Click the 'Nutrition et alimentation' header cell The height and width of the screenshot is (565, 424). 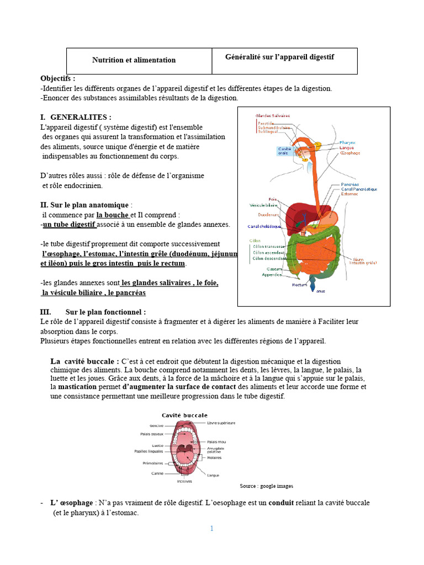[134, 60]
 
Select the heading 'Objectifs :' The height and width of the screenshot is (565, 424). [58, 79]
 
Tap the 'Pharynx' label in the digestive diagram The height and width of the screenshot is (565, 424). [347, 142]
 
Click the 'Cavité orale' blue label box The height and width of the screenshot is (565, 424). [285, 151]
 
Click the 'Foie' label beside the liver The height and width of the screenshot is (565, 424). [272, 199]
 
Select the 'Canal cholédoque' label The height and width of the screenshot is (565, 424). [264, 226]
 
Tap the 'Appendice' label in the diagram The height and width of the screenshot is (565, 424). [272, 274]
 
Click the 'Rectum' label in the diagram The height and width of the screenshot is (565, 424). [299, 285]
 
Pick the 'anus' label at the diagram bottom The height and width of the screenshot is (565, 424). [321, 291]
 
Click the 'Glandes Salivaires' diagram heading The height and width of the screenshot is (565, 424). [272, 115]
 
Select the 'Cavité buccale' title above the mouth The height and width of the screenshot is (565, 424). [184, 415]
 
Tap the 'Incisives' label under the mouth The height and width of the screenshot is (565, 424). [184, 481]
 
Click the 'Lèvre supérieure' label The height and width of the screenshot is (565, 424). [221, 423]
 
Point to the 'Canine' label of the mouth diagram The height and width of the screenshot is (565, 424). [157, 473]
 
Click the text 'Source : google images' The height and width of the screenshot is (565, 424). [266, 486]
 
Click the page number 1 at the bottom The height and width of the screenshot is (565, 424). [211, 528]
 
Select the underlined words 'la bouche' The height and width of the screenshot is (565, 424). [113, 215]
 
